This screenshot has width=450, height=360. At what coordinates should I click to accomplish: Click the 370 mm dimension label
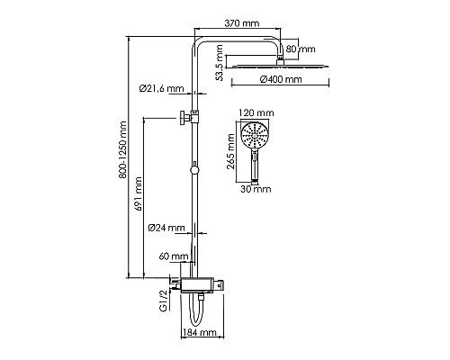pyautogui.click(x=242, y=23)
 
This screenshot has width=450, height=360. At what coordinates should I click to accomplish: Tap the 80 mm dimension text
pyautogui.click(x=301, y=49)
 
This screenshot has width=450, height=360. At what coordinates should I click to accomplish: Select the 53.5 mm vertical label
pyautogui.click(x=220, y=63)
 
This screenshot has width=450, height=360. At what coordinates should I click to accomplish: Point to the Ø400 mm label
pyautogui.click(x=281, y=79)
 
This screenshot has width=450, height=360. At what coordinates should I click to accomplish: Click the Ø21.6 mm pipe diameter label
pyautogui.click(x=162, y=88)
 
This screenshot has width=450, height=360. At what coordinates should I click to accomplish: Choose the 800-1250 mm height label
pyautogui.click(x=123, y=150)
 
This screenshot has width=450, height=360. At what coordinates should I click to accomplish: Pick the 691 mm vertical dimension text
pyautogui.click(x=138, y=193)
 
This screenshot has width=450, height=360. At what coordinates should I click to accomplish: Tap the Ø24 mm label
pyautogui.click(x=166, y=228)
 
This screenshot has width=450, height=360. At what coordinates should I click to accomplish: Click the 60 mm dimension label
pyautogui.click(x=174, y=256)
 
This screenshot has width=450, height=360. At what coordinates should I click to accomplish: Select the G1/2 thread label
pyautogui.click(x=163, y=301)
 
